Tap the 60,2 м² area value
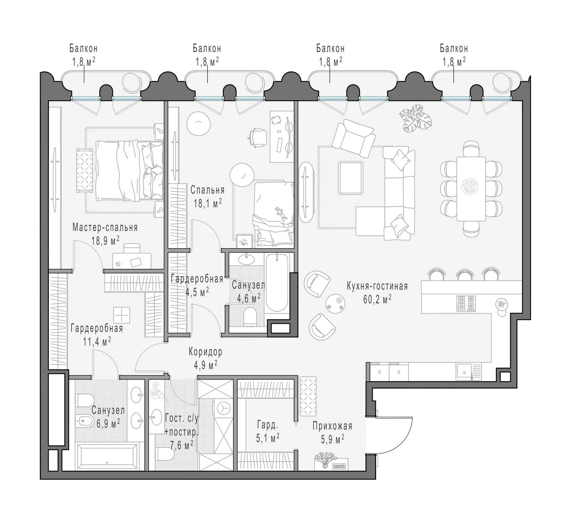point(377,299)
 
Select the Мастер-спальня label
point(105,227)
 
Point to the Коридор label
point(206,352)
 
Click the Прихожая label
point(332,426)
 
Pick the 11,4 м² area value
point(97,342)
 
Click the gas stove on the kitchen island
point(466,303)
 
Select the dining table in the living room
point(471,189)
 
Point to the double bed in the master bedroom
point(129,170)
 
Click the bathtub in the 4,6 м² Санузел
point(277,283)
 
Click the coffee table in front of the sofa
point(351,178)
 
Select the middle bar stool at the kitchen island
point(465,274)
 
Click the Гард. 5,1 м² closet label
point(268,431)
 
